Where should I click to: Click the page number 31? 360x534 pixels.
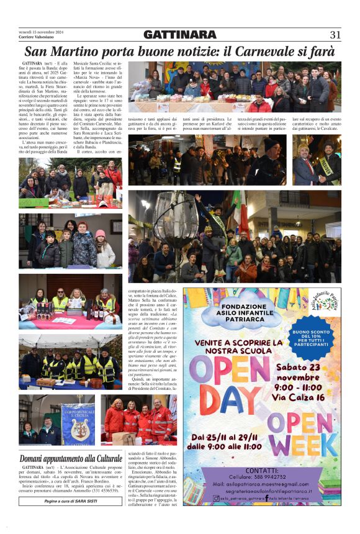pos(335,35)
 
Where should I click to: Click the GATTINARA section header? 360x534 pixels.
pos(179,35)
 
